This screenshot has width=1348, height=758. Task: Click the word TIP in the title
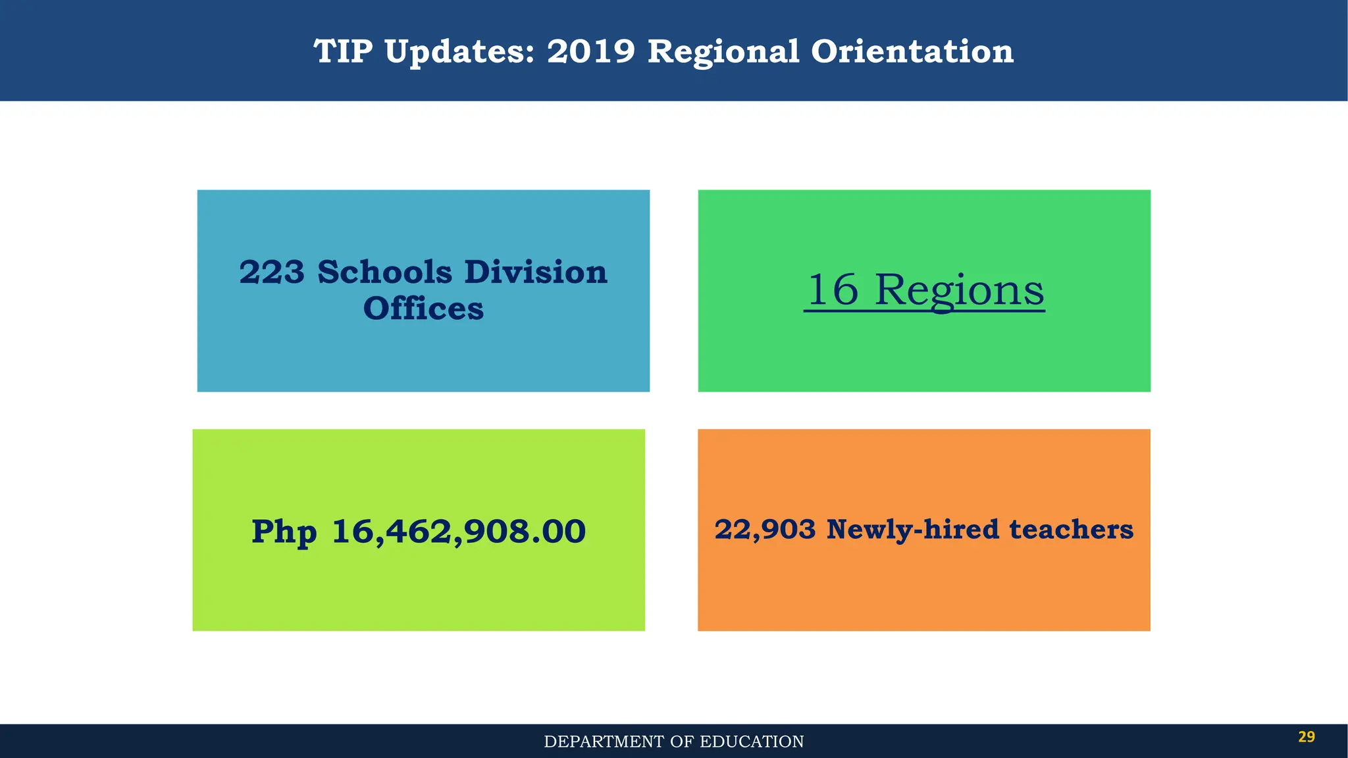pyautogui.click(x=344, y=51)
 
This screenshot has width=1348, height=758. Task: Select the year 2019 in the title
pyautogui.click(x=591, y=51)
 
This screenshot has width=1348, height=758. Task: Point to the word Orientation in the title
pyautogui.click(x=912, y=51)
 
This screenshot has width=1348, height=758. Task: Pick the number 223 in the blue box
pyautogui.click(x=272, y=272)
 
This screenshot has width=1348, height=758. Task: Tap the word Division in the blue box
pyautogui.click(x=536, y=272)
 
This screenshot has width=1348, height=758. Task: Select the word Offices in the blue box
pyautogui.click(x=423, y=309)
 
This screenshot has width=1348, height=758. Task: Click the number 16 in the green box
pyautogui.click(x=833, y=290)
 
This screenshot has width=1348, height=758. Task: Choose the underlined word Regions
pyautogui.click(x=959, y=291)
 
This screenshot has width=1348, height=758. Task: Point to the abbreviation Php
pyautogui.click(x=284, y=532)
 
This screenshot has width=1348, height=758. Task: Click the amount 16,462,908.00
pyautogui.click(x=459, y=532)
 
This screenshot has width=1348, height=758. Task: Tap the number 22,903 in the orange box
pyautogui.click(x=765, y=530)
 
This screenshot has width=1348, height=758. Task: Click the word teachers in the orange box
pyautogui.click(x=1071, y=530)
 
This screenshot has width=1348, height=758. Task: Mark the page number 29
pyautogui.click(x=1307, y=737)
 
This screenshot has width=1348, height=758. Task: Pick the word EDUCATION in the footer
pyautogui.click(x=752, y=742)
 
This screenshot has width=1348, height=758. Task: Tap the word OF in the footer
pyautogui.click(x=682, y=742)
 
